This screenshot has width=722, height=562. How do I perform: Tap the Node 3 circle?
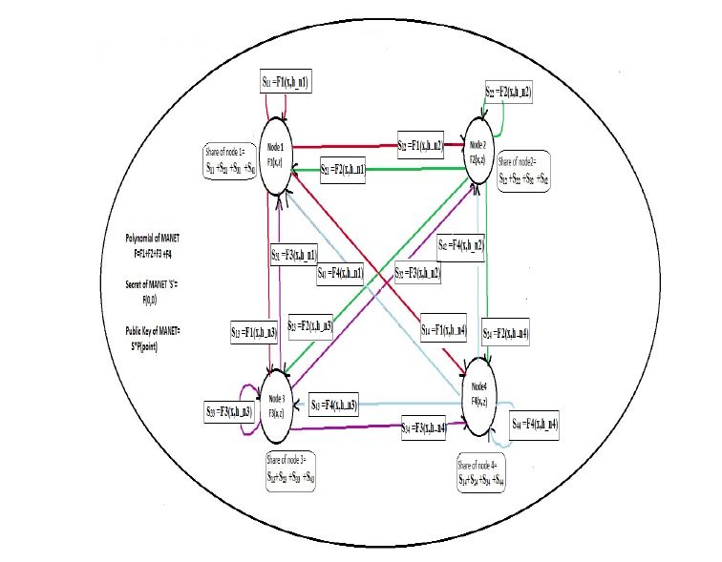tap(276, 407)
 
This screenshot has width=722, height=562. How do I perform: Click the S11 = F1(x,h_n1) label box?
tap(296, 83)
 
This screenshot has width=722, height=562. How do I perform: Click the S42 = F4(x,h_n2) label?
tap(460, 244)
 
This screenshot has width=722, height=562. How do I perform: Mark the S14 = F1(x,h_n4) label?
tap(443, 330)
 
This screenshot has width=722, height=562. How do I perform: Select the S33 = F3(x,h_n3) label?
tap(227, 411)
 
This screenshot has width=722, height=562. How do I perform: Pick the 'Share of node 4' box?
tap(490, 474)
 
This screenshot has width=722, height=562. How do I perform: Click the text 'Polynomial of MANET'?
tap(152, 236)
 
